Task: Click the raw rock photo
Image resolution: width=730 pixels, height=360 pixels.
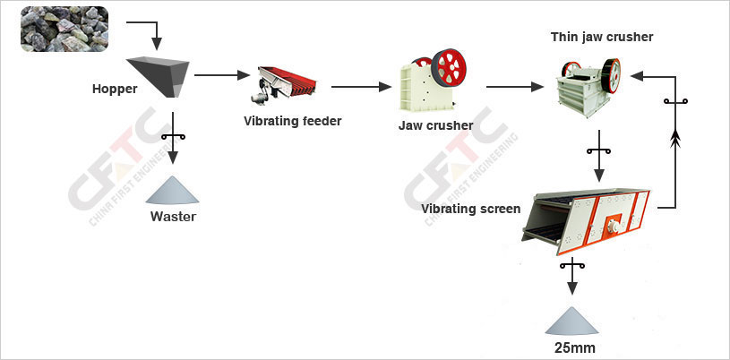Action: [x=64, y=29]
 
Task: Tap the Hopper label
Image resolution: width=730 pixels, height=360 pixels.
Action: [x=114, y=89]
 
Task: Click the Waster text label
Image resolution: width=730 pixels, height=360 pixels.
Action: [x=173, y=216]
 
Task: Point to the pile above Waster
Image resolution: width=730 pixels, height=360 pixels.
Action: [x=174, y=189]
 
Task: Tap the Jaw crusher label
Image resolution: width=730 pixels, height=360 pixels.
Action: [x=435, y=125]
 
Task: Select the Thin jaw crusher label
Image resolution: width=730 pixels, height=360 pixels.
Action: [x=601, y=37]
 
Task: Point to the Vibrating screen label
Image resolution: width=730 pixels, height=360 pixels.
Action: [x=471, y=209]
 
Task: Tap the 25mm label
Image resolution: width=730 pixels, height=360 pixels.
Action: [x=574, y=347]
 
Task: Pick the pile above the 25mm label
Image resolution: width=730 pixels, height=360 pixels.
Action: [x=573, y=321]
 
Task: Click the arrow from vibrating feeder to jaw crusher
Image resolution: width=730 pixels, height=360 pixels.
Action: [x=362, y=87]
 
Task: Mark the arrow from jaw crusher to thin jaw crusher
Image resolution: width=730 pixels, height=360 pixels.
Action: [x=515, y=87]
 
